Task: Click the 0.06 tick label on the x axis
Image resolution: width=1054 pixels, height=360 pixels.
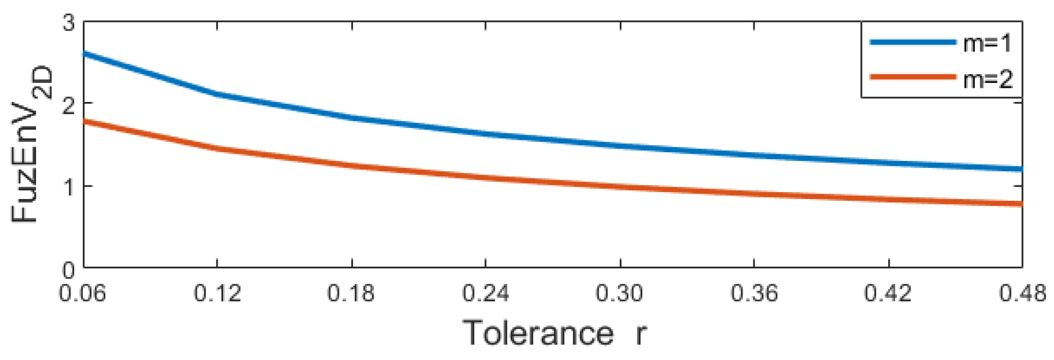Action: pos(83,294)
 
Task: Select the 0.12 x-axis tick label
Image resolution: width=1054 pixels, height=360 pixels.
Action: pos(217,294)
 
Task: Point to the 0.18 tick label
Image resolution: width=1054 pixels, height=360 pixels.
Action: pos(351,294)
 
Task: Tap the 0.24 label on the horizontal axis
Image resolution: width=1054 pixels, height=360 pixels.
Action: pos(486,294)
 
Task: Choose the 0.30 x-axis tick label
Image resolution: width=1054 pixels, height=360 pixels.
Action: pos(619,294)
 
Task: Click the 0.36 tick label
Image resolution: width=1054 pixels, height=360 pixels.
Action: pos(754,294)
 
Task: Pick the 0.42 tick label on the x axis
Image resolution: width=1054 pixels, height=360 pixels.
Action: pos(888,294)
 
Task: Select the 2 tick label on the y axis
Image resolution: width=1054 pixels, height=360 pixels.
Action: pos(69,104)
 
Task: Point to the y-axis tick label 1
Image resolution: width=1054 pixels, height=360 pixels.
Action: pos(69,187)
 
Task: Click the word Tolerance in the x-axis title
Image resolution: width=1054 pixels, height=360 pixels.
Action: pos(538,333)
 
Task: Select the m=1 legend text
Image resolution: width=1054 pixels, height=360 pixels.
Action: pos(987,43)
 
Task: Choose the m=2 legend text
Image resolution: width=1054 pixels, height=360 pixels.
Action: pos(987,80)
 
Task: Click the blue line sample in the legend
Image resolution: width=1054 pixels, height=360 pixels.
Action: pos(913,42)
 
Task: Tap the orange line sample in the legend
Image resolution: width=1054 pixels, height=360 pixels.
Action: pos(913,77)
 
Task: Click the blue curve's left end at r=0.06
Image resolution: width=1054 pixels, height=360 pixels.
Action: pos(85,53)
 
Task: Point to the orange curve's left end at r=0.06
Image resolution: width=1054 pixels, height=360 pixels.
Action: pos(85,121)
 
